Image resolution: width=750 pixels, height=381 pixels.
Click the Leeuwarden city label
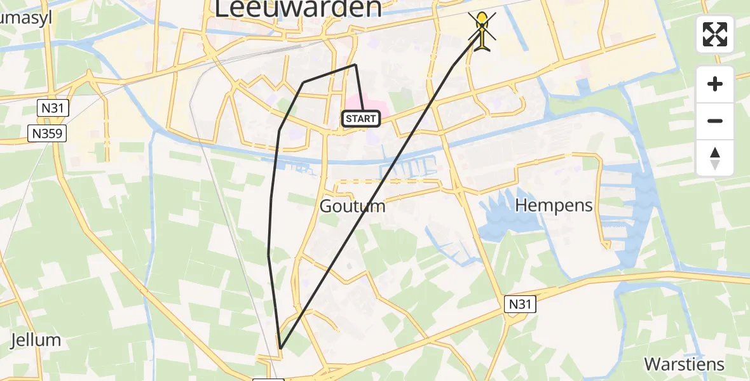[298, 8]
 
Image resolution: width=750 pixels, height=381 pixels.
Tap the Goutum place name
[352, 206]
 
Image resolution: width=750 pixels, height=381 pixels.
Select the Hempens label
[554, 206]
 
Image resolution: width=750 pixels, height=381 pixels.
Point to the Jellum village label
[36, 340]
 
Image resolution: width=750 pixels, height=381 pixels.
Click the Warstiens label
[684, 364]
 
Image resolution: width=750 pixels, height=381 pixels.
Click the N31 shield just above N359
[51, 109]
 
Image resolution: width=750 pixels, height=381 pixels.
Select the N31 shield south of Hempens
[521, 305]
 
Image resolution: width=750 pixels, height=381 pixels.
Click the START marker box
[362, 119]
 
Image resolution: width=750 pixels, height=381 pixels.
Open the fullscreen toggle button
[715, 34]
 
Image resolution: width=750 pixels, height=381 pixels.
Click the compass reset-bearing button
[715, 158]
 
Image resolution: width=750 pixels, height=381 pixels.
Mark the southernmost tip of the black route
[280, 349]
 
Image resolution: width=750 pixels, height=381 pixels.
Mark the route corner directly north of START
[355, 65]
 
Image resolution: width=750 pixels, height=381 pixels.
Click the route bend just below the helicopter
[453, 66]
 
